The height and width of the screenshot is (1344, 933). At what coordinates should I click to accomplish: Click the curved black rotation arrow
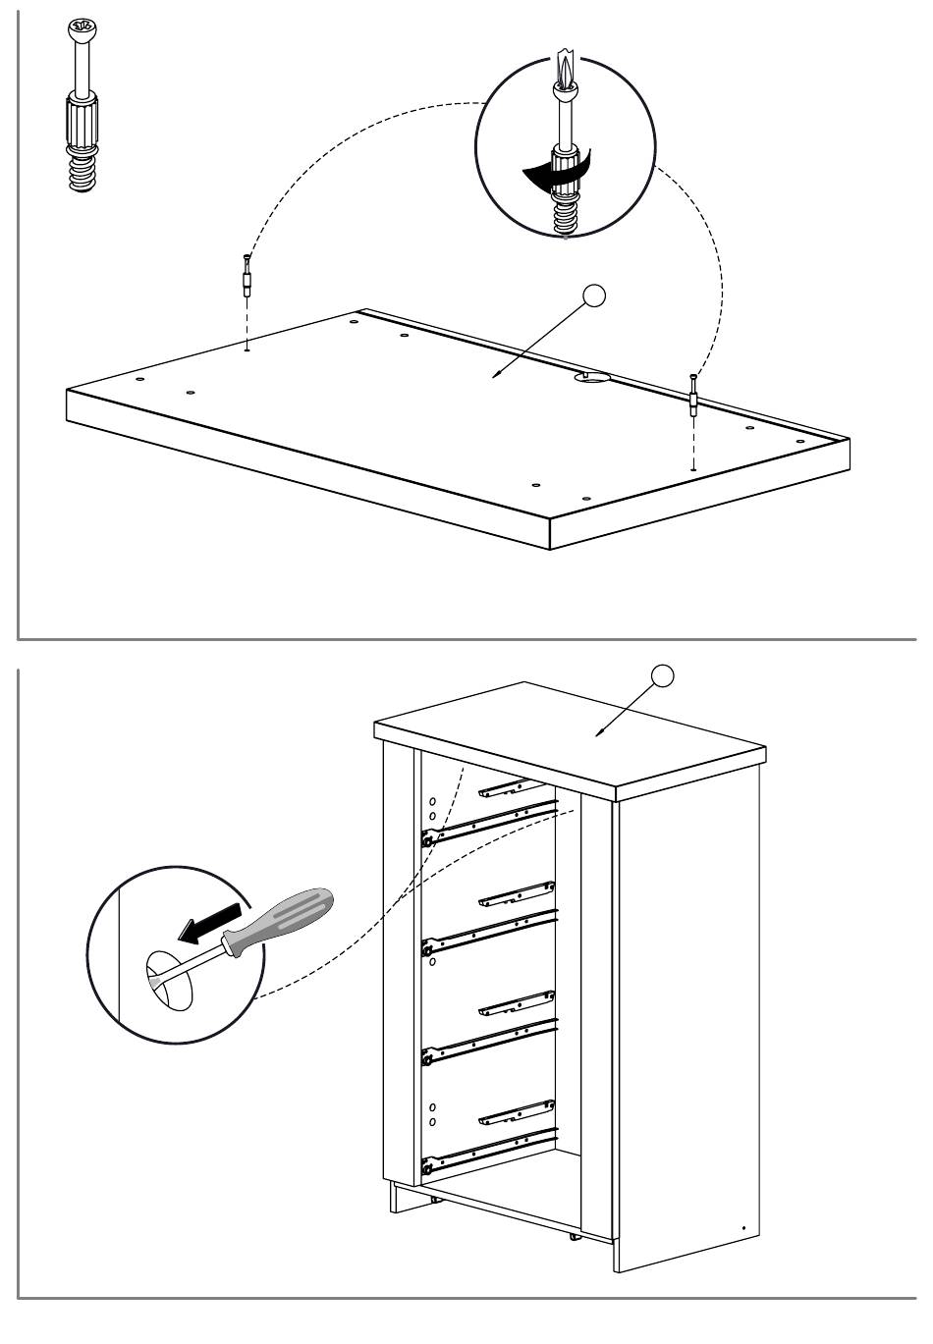[x=553, y=173]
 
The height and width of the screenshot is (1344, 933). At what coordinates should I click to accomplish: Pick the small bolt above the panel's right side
[x=693, y=397]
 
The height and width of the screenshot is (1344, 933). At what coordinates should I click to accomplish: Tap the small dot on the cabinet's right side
[x=743, y=1228]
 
